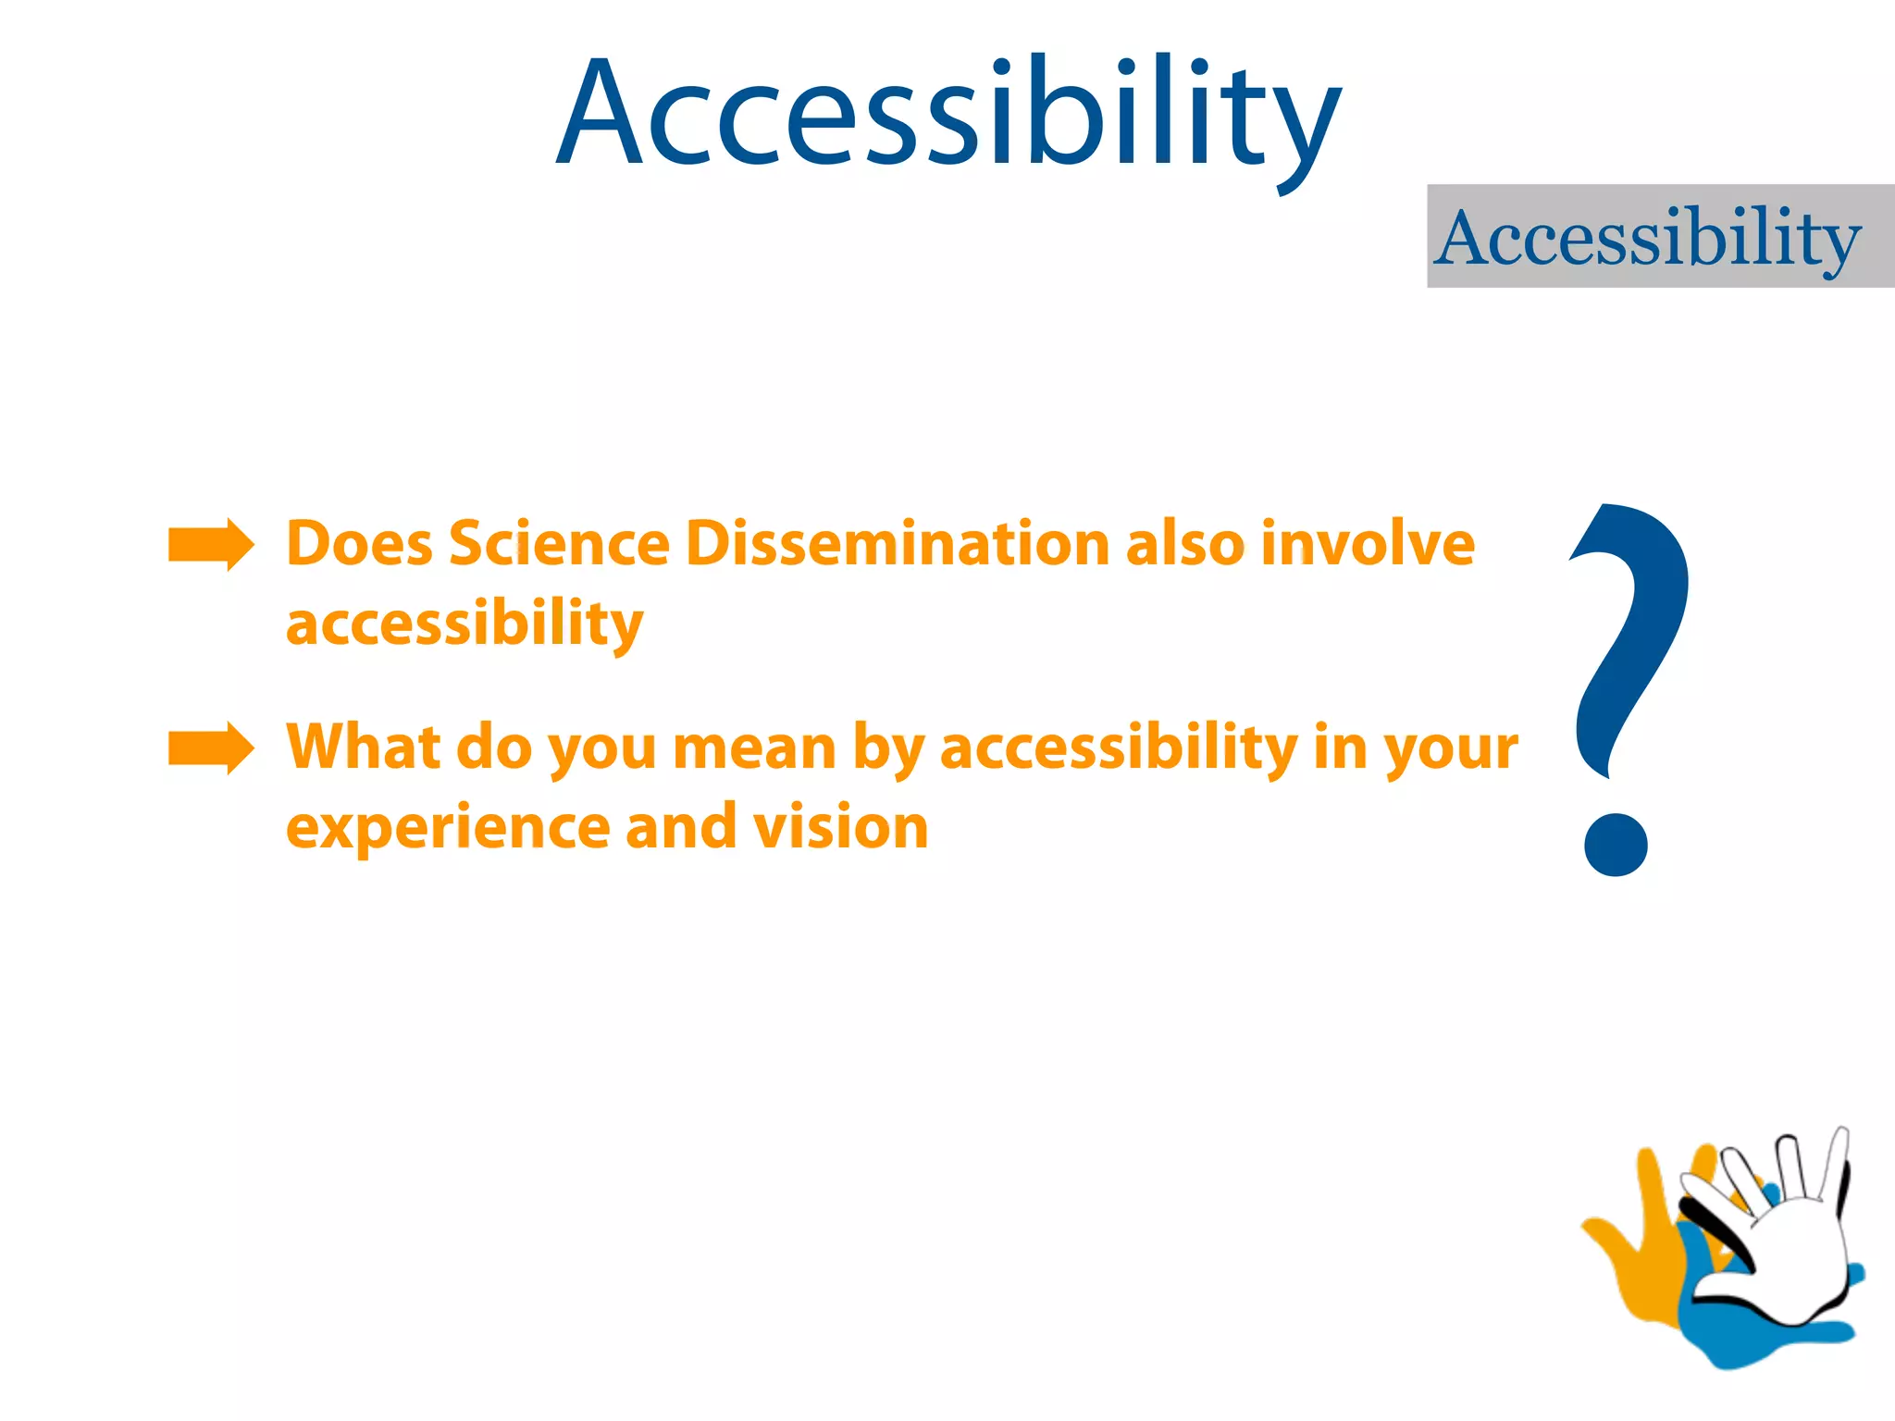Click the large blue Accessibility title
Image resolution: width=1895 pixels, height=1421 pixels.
[x=947, y=116]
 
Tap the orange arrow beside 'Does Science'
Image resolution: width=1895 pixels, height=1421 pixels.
[x=210, y=545]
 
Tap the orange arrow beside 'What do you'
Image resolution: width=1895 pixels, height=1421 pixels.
[x=210, y=748]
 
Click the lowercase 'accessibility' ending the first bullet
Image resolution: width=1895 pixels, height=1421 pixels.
[x=464, y=624]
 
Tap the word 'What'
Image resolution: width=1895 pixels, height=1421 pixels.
[x=364, y=747]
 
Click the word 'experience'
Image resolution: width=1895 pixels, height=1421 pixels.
[x=448, y=827]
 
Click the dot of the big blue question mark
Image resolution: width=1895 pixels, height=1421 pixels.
[x=1616, y=844]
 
